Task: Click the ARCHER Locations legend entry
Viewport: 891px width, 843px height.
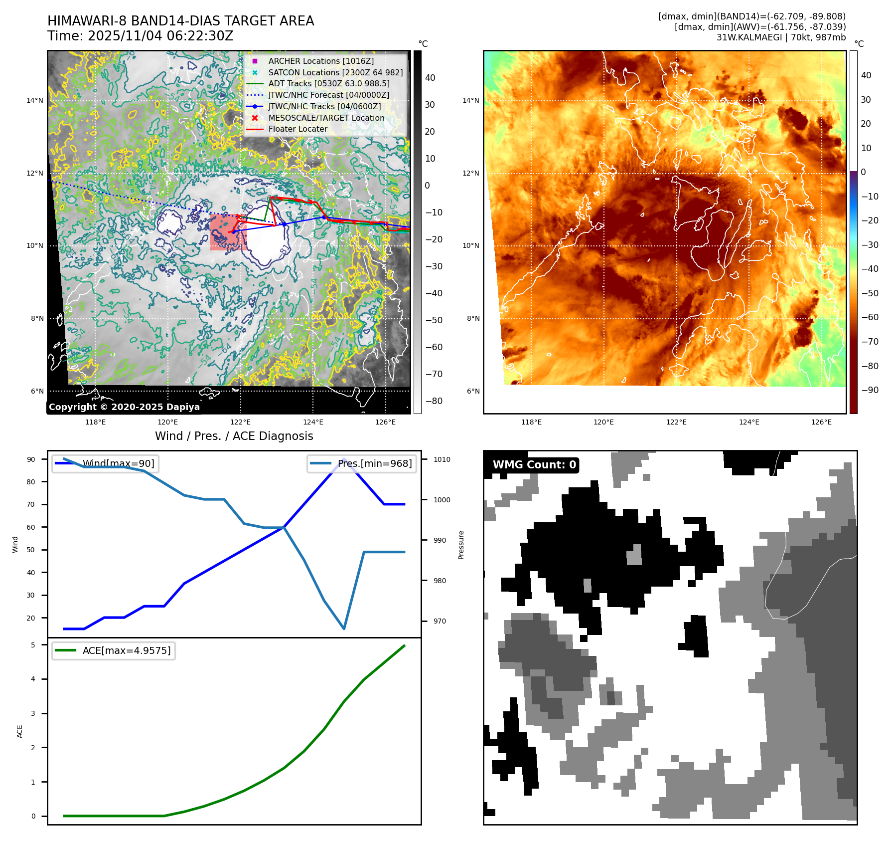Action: (x=320, y=61)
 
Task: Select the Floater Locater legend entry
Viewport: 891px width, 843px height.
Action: (x=297, y=129)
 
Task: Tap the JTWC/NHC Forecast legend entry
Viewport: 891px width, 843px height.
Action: (x=328, y=95)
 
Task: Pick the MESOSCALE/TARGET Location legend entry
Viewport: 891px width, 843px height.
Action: (x=326, y=118)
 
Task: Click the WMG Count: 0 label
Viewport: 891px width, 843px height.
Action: (x=534, y=465)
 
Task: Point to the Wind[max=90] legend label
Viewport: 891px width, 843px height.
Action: (x=118, y=463)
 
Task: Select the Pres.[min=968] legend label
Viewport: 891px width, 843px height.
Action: (x=374, y=463)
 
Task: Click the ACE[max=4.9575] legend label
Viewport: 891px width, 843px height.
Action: (x=126, y=650)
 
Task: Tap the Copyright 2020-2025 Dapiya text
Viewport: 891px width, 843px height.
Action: (x=124, y=407)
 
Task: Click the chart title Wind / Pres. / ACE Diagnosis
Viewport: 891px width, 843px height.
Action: (x=234, y=436)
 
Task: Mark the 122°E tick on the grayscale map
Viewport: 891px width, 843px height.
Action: (x=241, y=422)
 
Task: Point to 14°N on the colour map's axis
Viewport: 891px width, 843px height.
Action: (x=470, y=101)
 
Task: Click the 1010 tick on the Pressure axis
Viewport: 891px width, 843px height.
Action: (x=442, y=459)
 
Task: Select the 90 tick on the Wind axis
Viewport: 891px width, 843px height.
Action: (x=31, y=459)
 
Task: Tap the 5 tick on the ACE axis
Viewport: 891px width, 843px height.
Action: (x=33, y=645)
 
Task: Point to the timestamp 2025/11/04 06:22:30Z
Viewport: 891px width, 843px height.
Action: (x=160, y=36)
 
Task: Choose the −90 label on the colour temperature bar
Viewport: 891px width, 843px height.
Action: (x=870, y=390)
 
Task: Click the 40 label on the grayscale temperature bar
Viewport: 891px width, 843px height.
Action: (x=430, y=78)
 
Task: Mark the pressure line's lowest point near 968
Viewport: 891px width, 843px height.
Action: (x=344, y=629)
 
